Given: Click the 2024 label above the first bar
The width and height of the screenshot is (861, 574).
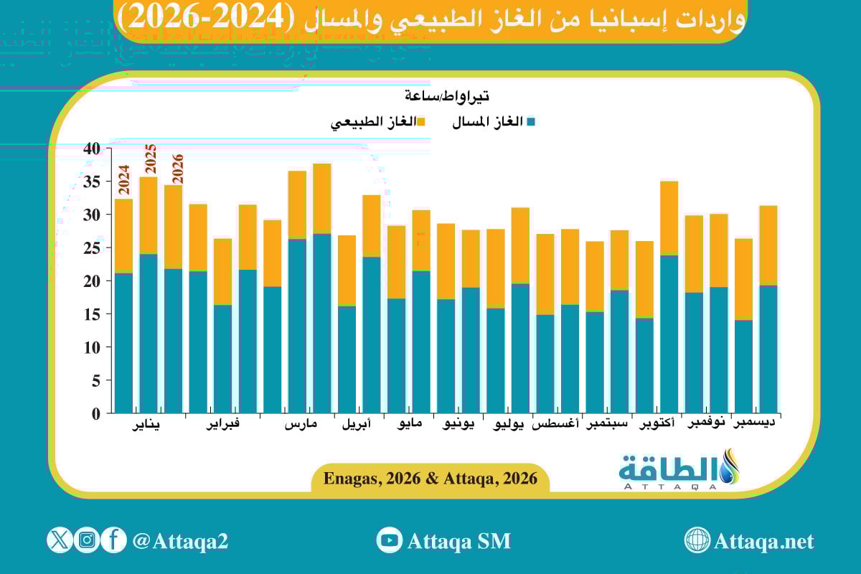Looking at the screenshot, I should coord(123,180).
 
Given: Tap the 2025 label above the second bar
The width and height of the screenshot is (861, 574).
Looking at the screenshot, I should coord(151,159).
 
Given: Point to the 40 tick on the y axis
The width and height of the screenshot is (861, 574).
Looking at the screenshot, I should coord(91,149).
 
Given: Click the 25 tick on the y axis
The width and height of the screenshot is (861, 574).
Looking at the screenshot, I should coord(91,248).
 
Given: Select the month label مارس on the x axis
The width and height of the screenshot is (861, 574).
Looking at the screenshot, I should coord(301,425).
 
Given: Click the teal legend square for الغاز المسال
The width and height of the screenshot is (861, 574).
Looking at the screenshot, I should coord(531,122).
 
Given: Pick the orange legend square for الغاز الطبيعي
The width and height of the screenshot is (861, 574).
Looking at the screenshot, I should coord(421,122).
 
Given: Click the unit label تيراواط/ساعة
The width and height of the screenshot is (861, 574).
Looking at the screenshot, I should coord(446,95).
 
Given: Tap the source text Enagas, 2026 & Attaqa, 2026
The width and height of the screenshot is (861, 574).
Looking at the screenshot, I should coord(430,479).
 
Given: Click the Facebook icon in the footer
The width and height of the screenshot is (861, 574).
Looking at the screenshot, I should coord(113,540).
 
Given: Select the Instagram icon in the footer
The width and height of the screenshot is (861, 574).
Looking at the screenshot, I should coord(87,540).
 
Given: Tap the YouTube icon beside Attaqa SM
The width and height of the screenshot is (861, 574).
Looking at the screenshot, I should coord(389,540).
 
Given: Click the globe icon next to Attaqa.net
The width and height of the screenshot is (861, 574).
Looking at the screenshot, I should coord(697,540).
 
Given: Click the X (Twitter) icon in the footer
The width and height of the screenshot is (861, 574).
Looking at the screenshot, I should coord(60,540).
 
